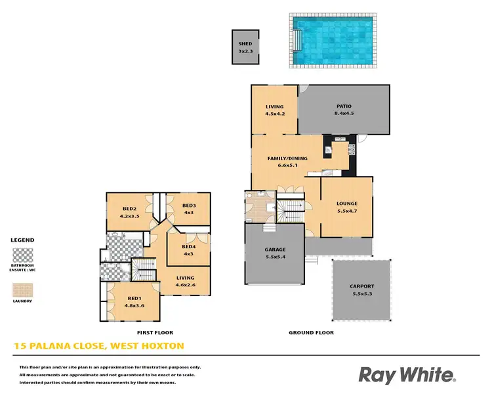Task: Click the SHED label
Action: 245,44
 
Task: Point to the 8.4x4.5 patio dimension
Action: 344,113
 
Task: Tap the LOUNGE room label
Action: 346,204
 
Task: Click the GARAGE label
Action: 275,250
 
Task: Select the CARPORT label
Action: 361,286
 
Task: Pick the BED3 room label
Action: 189,206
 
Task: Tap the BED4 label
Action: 189,248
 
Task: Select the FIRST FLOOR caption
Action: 155,333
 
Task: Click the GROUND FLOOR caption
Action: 311,333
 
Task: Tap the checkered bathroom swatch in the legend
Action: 23,255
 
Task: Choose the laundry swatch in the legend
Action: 23,290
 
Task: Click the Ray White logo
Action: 407,375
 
